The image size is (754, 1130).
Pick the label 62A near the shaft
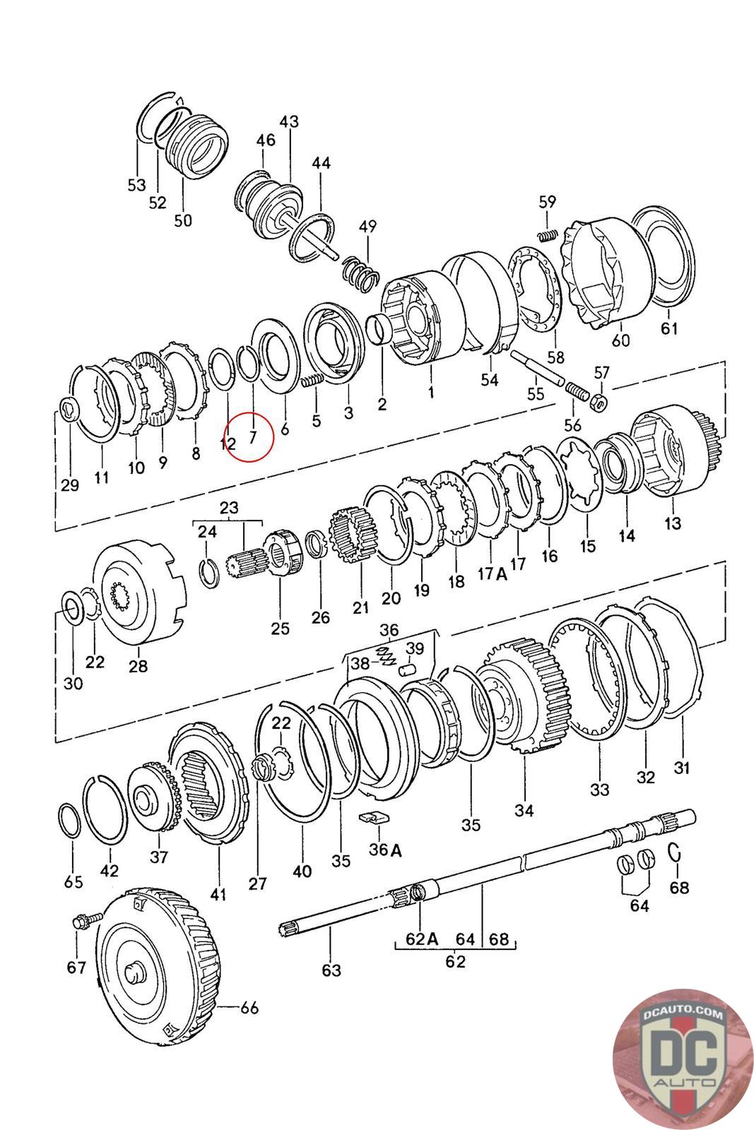[422, 939]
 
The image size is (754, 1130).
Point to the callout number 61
[669, 328]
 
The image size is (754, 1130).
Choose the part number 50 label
[182, 220]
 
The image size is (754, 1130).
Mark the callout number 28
[138, 665]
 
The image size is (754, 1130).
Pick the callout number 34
[524, 810]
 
